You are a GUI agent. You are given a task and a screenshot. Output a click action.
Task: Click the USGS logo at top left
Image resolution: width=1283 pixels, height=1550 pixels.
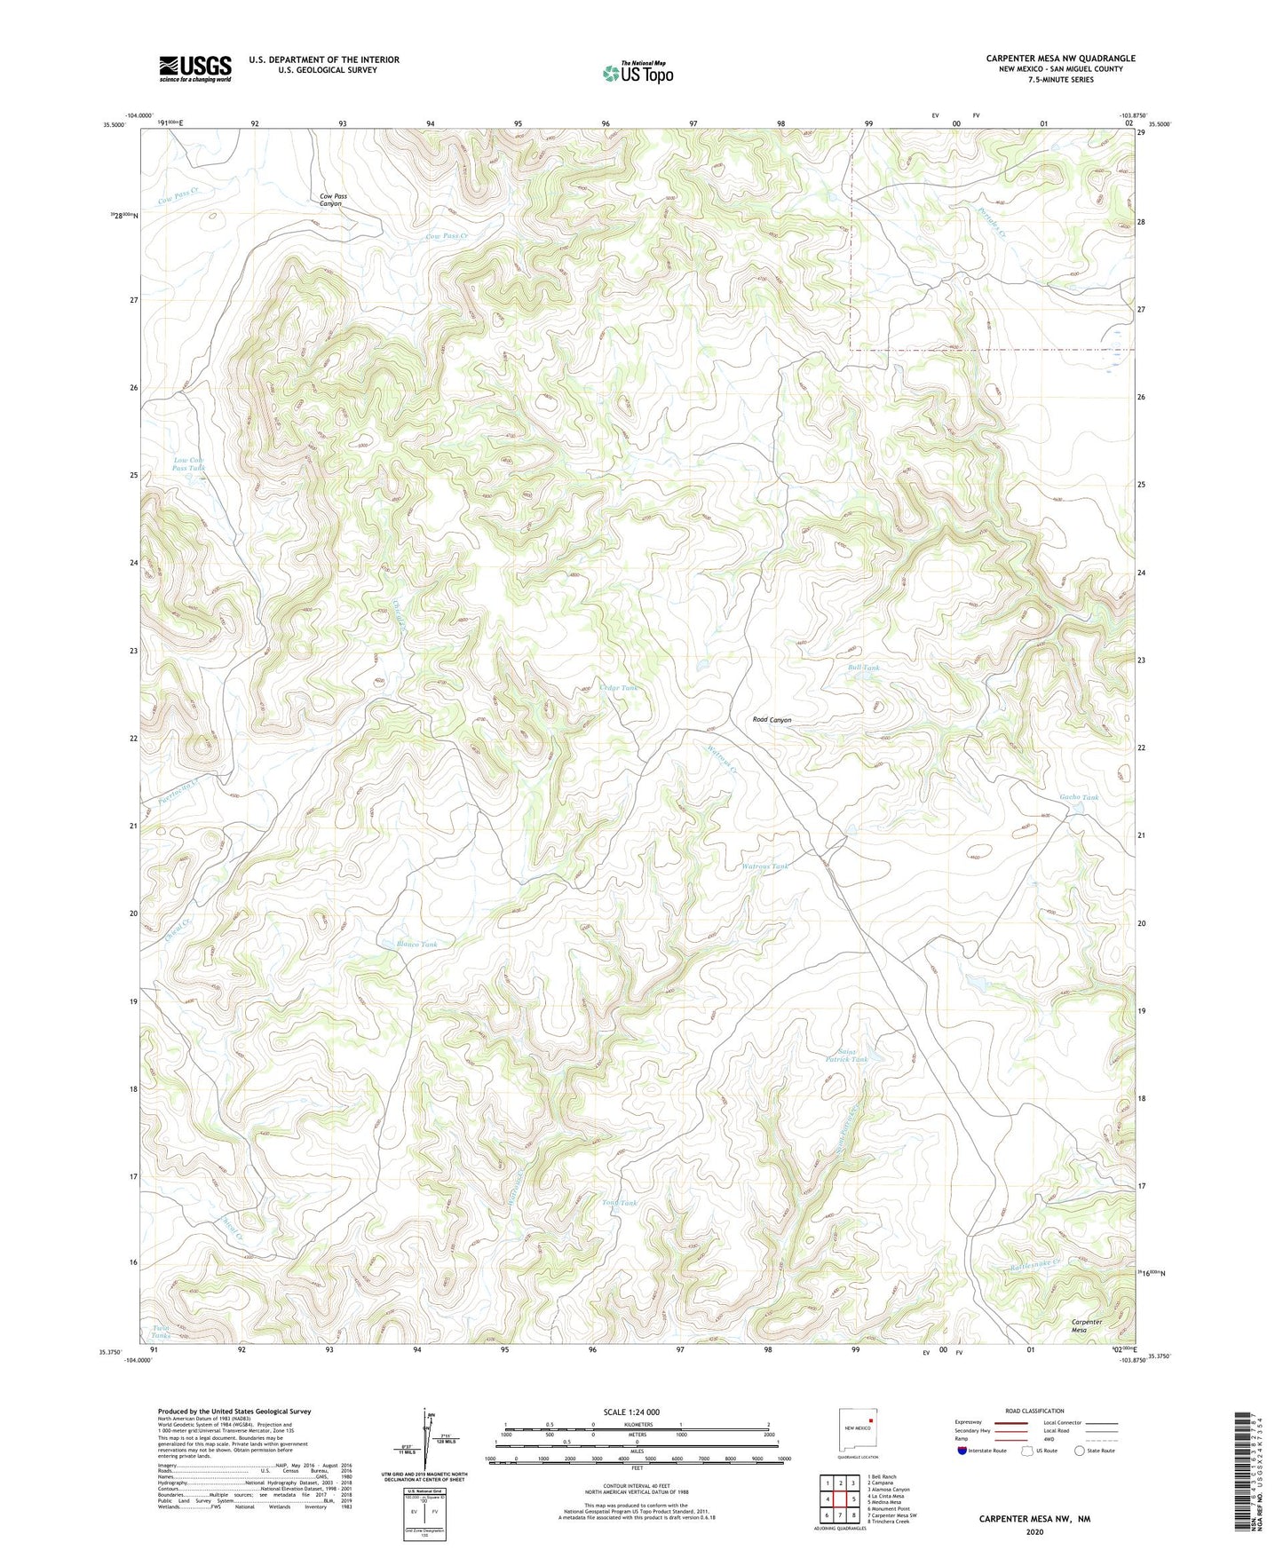tap(195, 68)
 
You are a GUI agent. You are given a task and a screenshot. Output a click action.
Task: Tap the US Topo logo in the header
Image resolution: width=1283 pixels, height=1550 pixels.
tap(638, 73)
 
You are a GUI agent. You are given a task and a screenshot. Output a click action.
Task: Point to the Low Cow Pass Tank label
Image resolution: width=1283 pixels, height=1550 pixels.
tap(188, 463)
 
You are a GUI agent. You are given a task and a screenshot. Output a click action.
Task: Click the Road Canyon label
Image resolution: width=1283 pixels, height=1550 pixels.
tap(772, 720)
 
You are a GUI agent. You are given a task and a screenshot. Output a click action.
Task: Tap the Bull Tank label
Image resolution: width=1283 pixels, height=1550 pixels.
tap(863, 668)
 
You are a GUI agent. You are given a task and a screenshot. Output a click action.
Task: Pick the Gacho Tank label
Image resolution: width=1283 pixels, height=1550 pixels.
tap(1079, 797)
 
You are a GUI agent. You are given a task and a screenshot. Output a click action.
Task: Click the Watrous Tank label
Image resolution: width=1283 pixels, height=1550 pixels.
tap(764, 866)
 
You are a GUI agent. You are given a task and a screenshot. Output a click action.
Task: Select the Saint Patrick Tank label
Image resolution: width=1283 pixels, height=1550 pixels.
tap(846, 1054)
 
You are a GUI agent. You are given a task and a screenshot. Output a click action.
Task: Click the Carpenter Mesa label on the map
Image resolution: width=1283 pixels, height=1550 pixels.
tap(1086, 1325)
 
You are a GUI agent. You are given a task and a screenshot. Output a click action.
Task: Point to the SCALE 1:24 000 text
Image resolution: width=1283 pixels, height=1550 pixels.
tap(631, 1412)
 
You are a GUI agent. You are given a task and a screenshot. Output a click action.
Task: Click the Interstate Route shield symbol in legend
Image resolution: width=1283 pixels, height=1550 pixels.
tap(963, 1451)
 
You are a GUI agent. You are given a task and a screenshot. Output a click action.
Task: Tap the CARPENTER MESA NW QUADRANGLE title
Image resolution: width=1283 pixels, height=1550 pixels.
tap(1060, 59)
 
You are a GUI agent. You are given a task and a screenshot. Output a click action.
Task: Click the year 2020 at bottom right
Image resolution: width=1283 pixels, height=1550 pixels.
tap(1034, 1531)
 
